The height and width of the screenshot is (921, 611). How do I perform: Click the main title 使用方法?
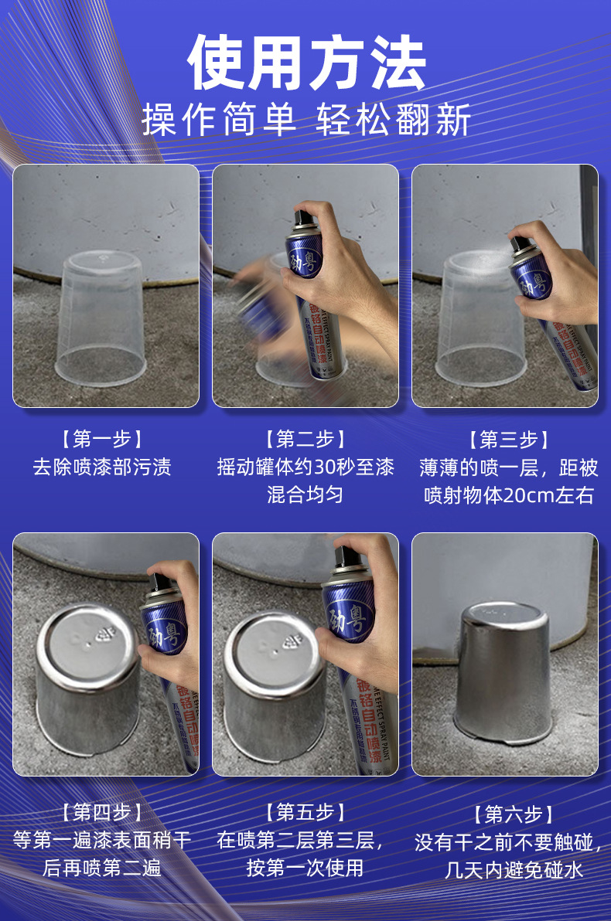click(306, 63)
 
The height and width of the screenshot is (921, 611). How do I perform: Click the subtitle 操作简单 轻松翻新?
click(306, 119)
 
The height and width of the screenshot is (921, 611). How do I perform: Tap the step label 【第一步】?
click(102, 439)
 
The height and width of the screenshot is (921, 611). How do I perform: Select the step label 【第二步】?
click(305, 439)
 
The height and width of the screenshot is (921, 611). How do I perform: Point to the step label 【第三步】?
click(509, 440)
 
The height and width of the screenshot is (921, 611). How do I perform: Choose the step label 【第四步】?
click(102, 812)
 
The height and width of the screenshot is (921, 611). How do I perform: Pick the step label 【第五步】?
click(305, 812)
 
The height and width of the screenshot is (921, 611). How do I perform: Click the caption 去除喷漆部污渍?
click(102, 467)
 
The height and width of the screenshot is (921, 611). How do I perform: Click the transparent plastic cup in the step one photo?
click(101, 318)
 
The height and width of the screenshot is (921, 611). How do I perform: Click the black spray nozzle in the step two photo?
click(305, 219)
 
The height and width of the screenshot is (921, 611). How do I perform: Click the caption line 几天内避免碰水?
click(514, 870)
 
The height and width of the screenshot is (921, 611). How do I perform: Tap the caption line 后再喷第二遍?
click(102, 868)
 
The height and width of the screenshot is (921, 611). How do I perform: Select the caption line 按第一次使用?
click(305, 868)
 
